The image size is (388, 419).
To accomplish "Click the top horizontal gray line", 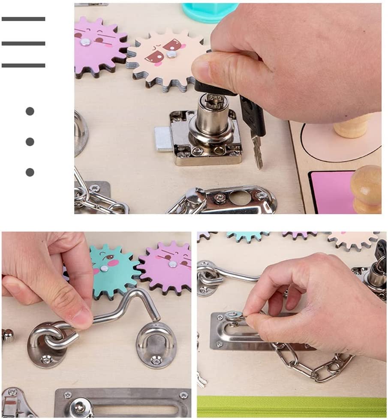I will pyautogui.click(x=24, y=19).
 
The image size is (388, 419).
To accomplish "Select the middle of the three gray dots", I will pyautogui.click(x=30, y=141).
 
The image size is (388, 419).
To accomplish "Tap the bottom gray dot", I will pyautogui.click(x=30, y=172).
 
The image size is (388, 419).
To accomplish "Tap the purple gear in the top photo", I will pyautogui.click(x=96, y=45).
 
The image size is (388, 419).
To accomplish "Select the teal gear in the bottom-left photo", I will pyautogui.click(x=111, y=270).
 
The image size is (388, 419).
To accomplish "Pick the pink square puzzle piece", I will pyautogui.click(x=332, y=191).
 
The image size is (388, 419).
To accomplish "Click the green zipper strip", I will pyautogui.click(x=292, y=406).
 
